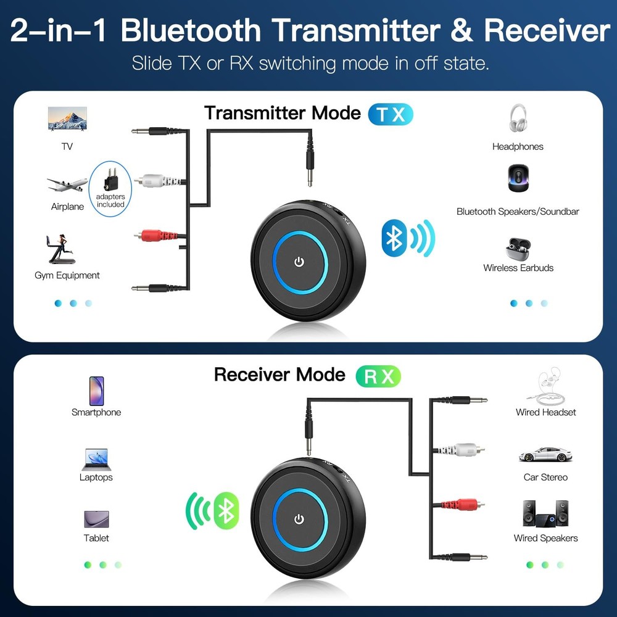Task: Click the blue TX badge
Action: [390, 115]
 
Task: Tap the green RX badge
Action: [378, 376]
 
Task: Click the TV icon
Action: [67, 119]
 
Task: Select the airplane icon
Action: [67, 184]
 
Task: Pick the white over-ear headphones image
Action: [518, 118]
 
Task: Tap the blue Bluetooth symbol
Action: [393, 238]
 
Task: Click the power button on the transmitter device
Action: [299, 262]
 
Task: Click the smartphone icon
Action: [96, 391]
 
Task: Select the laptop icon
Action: [96, 459]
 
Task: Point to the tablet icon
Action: [96, 519]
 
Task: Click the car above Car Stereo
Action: [545, 455]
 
